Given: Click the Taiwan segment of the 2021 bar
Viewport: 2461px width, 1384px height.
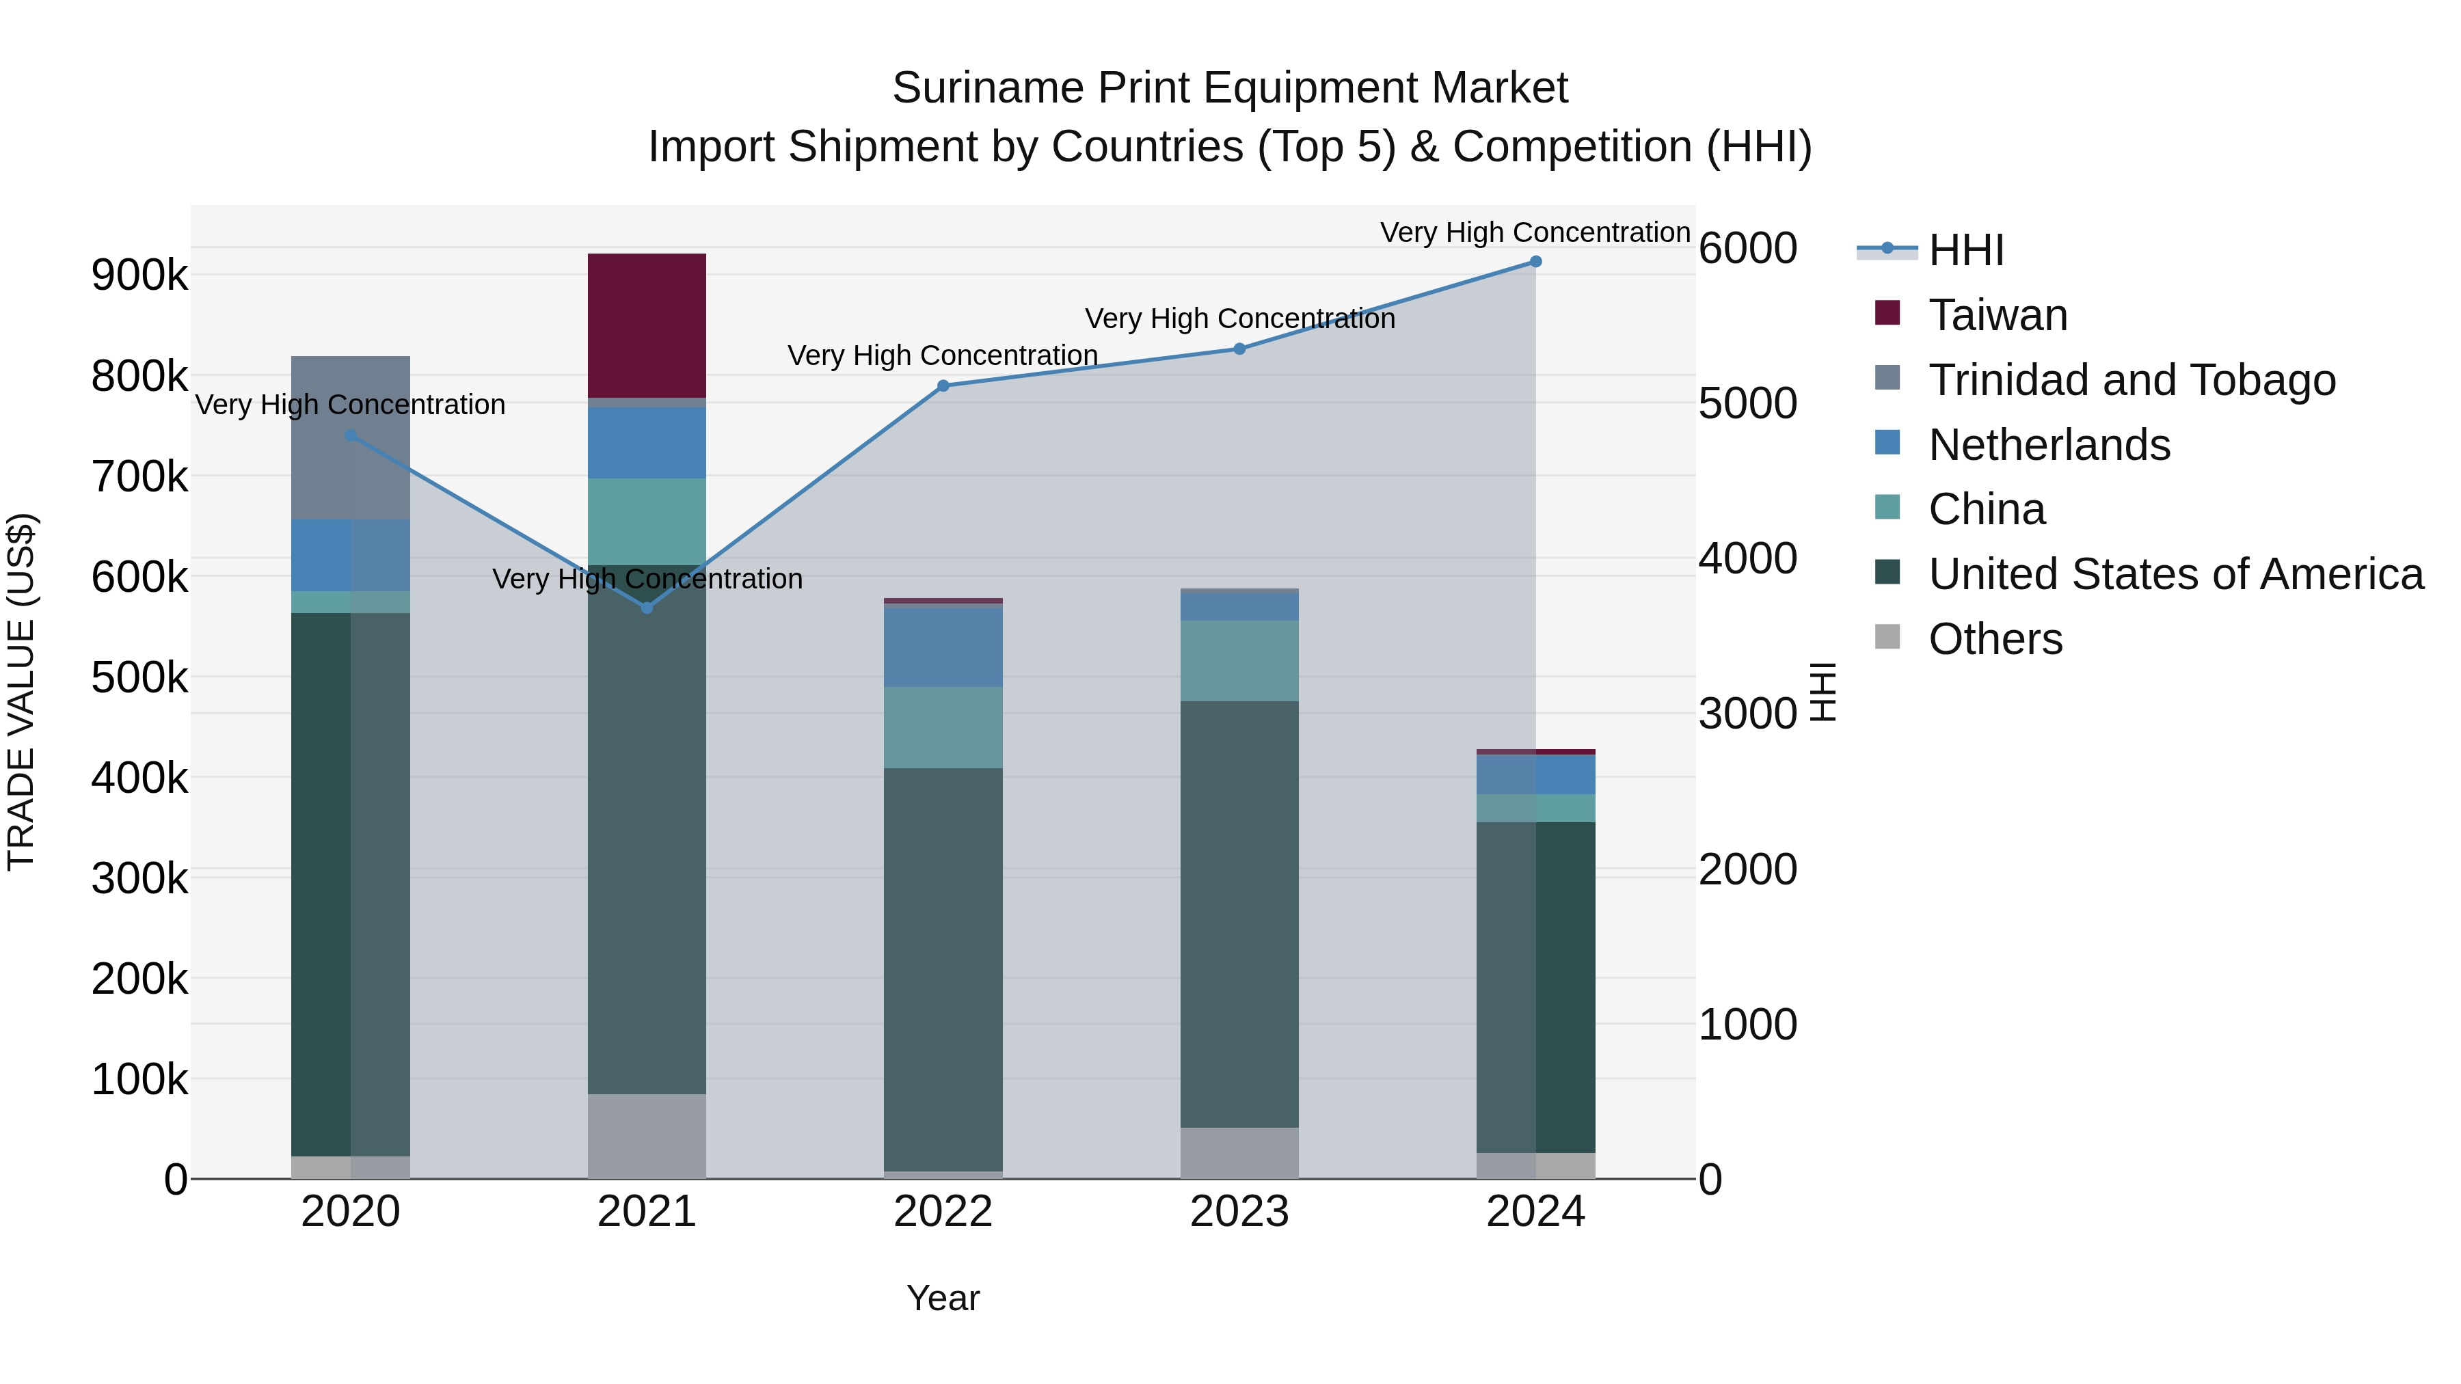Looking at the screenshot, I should [x=647, y=325].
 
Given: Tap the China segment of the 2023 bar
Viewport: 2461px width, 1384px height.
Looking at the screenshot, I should [x=1239, y=661].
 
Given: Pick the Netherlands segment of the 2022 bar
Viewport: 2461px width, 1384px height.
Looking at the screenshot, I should [x=943, y=647].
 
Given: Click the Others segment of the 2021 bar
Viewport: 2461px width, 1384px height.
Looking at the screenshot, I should [x=647, y=1136].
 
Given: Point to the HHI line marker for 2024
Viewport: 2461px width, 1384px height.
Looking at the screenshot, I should [x=1535, y=262].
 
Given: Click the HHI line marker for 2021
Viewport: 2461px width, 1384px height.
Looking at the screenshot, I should [x=647, y=608].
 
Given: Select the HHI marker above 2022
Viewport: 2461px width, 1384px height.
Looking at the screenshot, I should [x=943, y=386].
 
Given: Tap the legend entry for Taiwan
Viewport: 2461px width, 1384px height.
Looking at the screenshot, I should [x=1997, y=315].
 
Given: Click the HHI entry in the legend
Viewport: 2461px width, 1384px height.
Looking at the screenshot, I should [x=1965, y=250].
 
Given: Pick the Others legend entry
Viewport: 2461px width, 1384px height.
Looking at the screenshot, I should [x=1995, y=639].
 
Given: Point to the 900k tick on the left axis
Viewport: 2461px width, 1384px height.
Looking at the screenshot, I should [x=139, y=276].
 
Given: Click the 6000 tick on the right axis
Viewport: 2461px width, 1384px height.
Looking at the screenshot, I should [x=1747, y=248].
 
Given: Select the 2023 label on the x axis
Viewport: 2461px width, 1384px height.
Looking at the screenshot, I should [x=1239, y=1212].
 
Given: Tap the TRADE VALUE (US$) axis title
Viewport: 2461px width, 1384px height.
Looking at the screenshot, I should [x=21, y=692].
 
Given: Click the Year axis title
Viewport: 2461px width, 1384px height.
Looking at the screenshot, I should [x=943, y=1298].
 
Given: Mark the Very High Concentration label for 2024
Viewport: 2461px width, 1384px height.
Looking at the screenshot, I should [x=1535, y=232].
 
